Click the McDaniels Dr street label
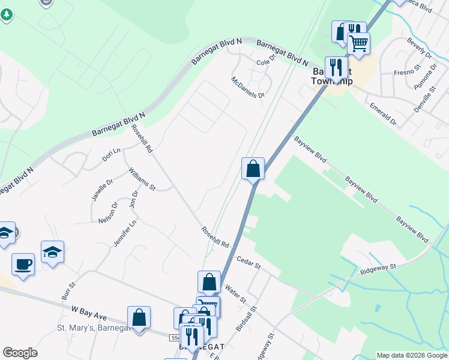coord(248,87)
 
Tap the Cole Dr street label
coord(265,60)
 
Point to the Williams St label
coord(142,179)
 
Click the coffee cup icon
coord(23,264)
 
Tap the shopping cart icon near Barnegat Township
coord(358,43)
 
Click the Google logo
coord(20,353)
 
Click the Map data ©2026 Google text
coord(412,355)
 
